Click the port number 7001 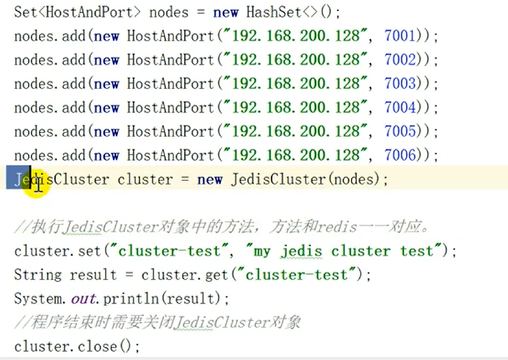click(x=402, y=35)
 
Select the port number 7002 click(x=402, y=60)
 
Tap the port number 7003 click(x=402, y=84)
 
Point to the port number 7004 click(x=402, y=108)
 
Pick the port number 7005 click(x=402, y=132)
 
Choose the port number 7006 click(x=402, y=156)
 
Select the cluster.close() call click(x=76, y=346)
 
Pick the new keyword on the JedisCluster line click(x=209, y=180)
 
